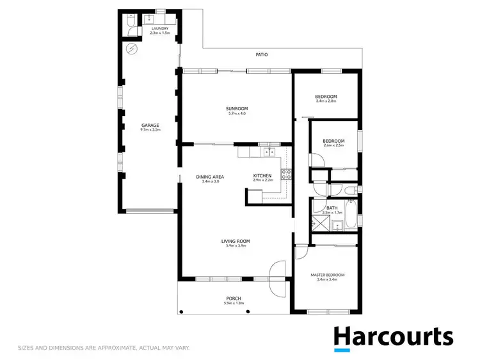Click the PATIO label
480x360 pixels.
click(262, 54)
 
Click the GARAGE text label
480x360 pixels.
click(150, 125)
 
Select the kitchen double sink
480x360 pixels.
click(270, 152)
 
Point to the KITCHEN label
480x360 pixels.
click(262, 176)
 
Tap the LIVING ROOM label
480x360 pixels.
click(235, 241)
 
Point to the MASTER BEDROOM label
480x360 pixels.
click(327, 275)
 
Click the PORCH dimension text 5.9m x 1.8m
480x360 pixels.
click(235, 303)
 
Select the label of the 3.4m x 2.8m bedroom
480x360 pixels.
click(326, 97)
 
